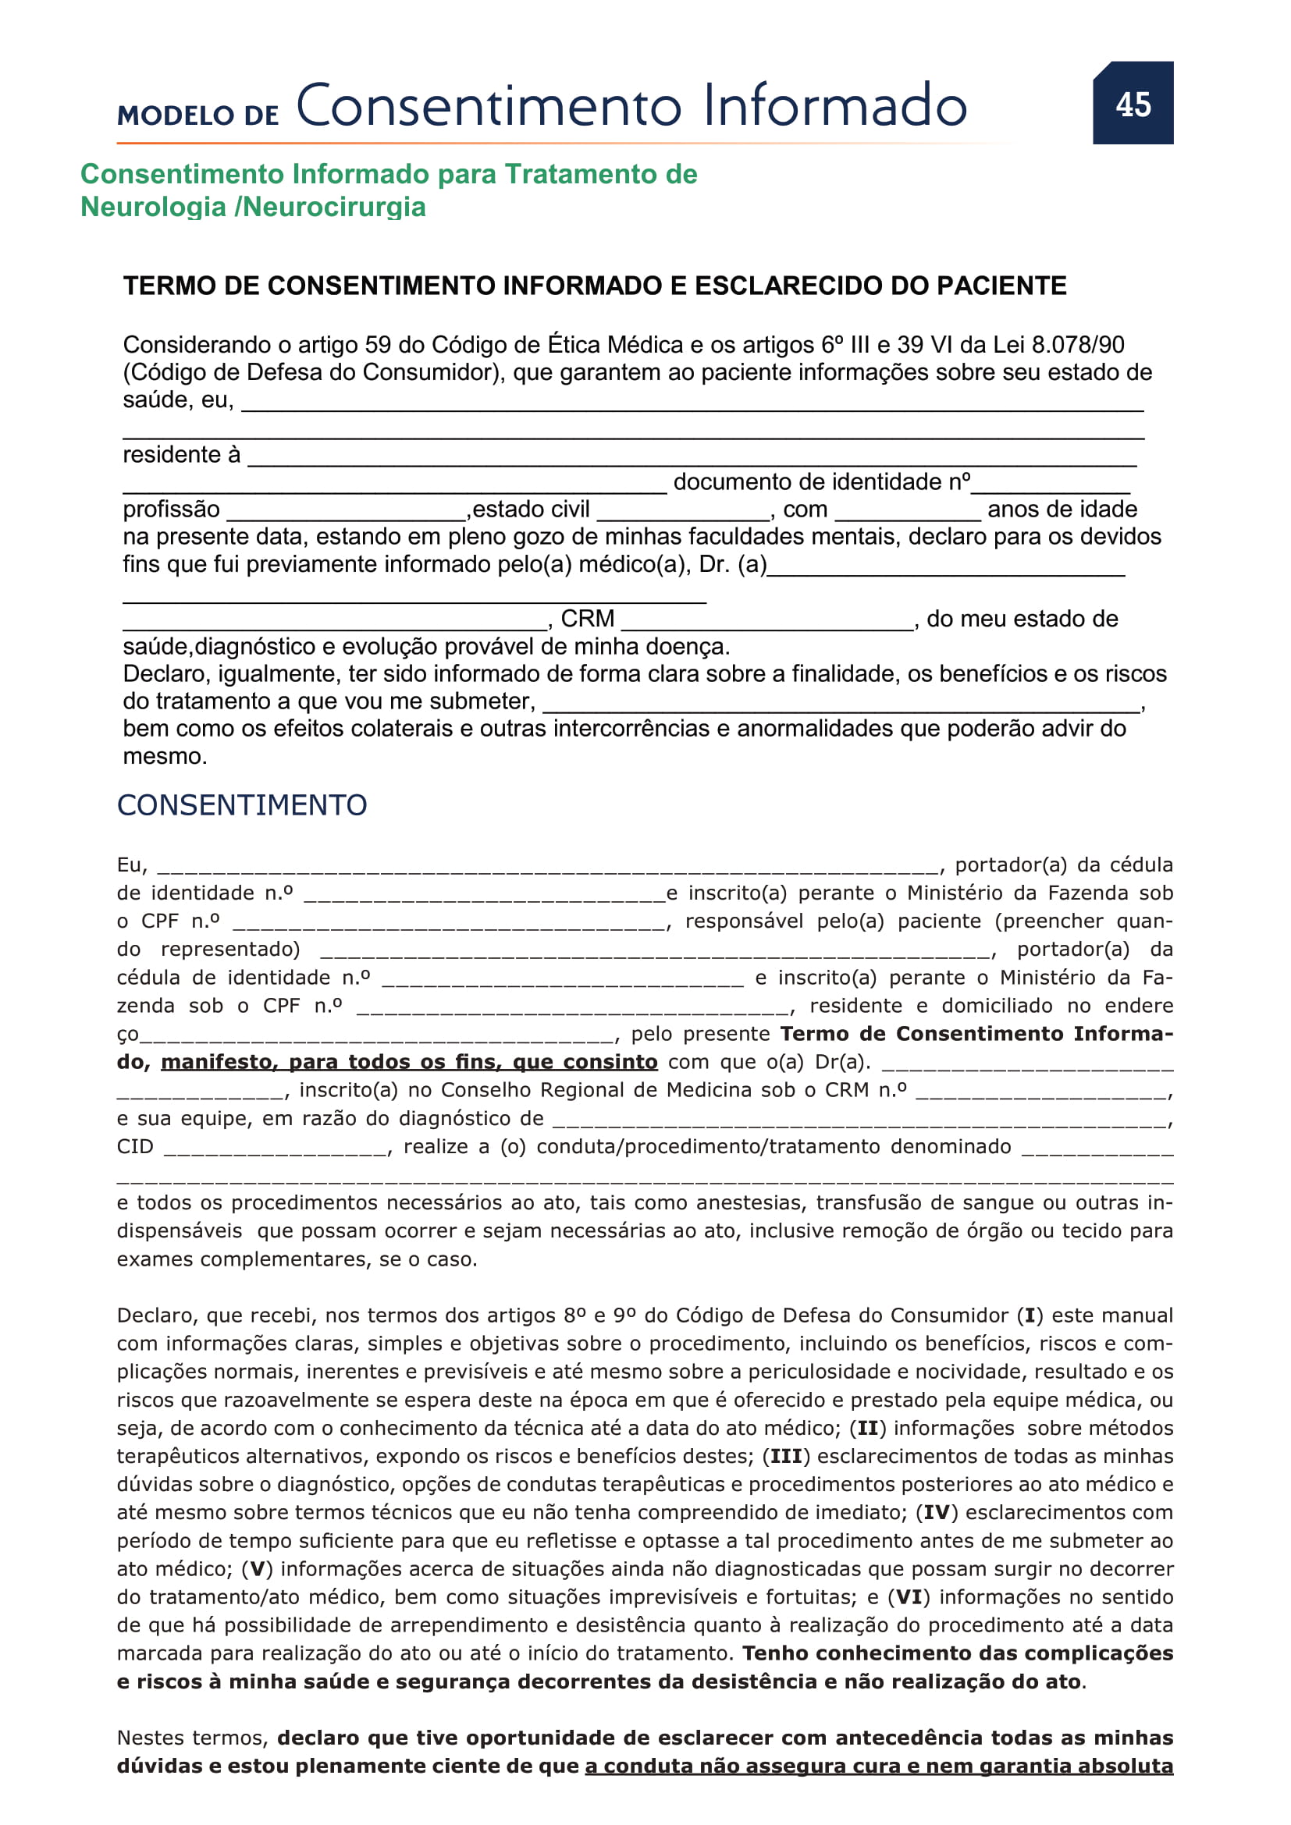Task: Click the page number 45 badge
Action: (1132, 104)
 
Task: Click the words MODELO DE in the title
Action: (198, 115)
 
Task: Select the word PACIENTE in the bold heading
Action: (1001, 286)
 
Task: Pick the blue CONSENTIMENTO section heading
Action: (242, 805)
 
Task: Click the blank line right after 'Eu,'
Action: (547, 868)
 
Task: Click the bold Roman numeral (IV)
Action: (937, 1512)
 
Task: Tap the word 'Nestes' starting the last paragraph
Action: (151, 1738)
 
